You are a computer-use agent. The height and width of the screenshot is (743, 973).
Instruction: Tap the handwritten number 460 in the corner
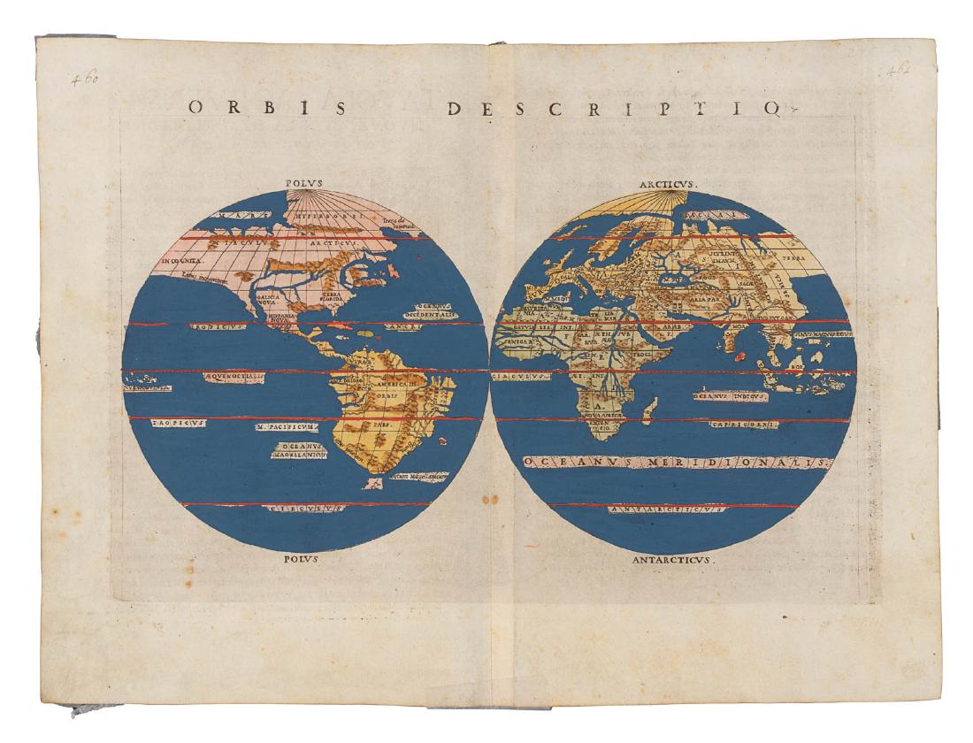pyautogui.click(x=86, y=79)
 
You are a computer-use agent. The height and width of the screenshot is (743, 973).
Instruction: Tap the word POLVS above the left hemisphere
pyautogui.click(x=304, y=184)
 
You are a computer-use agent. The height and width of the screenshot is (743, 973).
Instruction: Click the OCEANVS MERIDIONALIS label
pyautogui.click(x=677, y=463)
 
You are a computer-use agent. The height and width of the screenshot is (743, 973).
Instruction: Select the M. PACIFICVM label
pyautogui.click(x=283, y=426)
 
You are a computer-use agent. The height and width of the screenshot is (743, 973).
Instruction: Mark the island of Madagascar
pyautogui.click(x=650, y=407)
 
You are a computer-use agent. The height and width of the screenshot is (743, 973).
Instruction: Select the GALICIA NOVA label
pyautogui.click(x=267, y=303)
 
